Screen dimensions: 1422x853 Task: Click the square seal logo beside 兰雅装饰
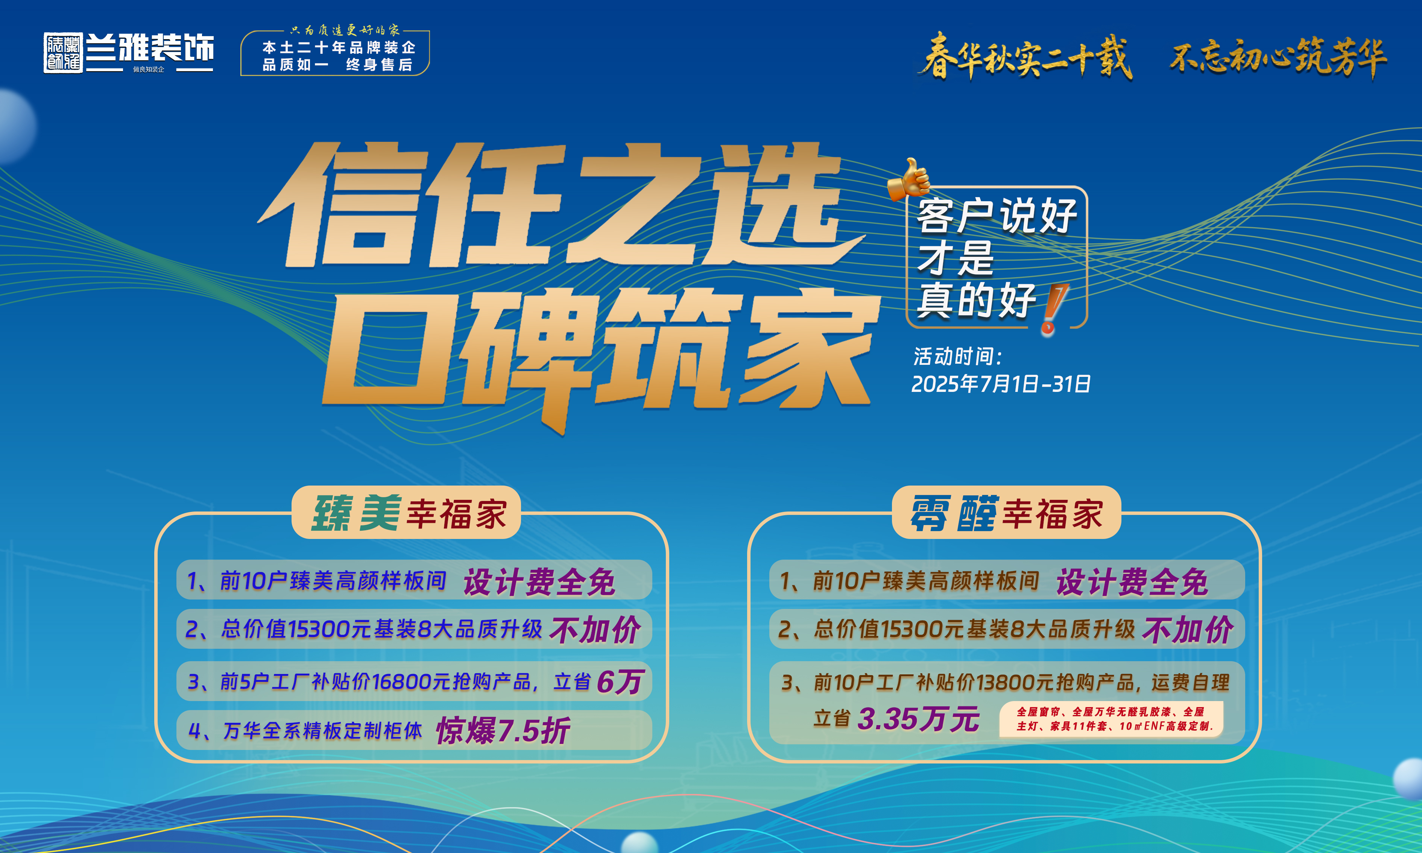(x=63, y=53)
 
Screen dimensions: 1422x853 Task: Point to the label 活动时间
(x=957, y=357)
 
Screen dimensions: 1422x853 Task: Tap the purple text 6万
(x=620, y=682)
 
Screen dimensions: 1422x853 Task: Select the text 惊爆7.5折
(x=503, y=730)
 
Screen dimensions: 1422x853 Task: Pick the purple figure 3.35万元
(x=919, y=718)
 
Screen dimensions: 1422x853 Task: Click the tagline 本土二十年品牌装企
(x=339, y=47)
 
